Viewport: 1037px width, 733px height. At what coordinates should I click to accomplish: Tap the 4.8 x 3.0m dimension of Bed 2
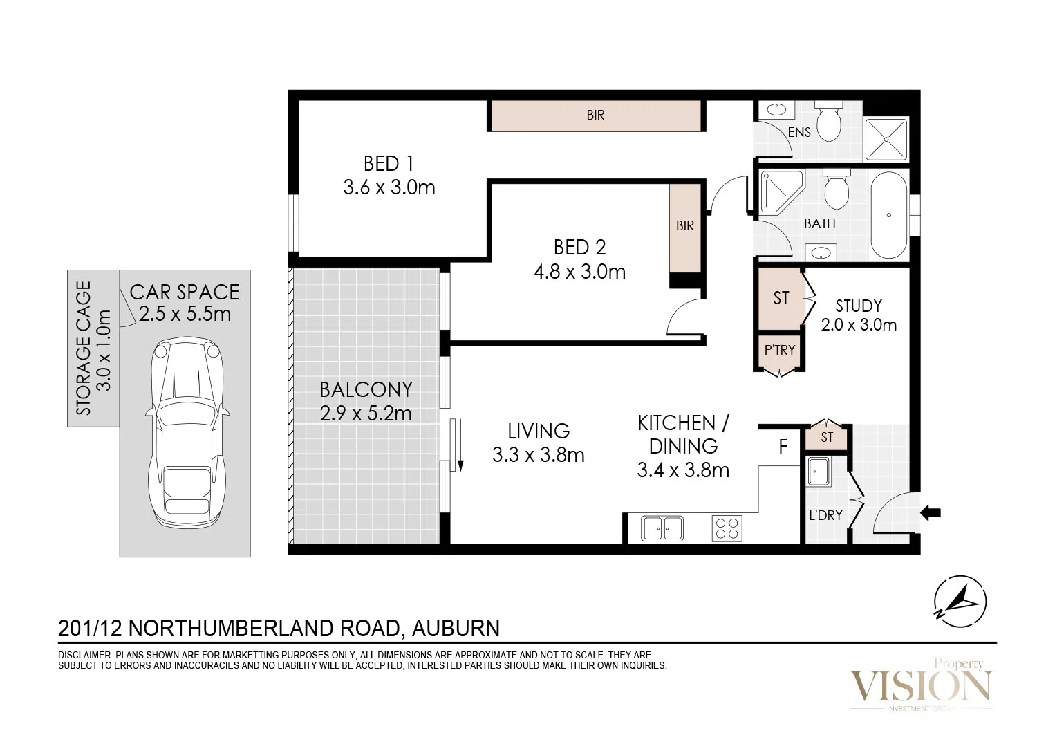(x=579, y=272)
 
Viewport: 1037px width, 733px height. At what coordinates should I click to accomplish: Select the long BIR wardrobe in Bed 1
(x=595, y=115)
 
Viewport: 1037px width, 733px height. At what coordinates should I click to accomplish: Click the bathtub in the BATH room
(x=888, y=215)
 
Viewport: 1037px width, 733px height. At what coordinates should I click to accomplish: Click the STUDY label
(x=859, y=306)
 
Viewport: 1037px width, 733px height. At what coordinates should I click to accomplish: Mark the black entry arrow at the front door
(x=931, y=512)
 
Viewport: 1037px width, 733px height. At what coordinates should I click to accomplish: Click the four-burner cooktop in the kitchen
(x=727, y=528)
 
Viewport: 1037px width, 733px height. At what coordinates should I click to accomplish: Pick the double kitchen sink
(x=662, y=528)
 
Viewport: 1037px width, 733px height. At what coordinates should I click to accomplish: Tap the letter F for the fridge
(x=783, y=448)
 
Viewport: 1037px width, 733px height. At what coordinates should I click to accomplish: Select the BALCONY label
(x=366, y=390)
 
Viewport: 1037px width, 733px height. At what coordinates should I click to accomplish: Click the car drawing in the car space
(x=185, y=436)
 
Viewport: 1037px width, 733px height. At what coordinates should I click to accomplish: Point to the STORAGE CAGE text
(x=84, y=348)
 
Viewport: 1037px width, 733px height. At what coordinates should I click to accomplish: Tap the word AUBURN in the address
(x=456, y=628)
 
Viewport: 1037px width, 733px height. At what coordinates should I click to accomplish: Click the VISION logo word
(x=919, y=687)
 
